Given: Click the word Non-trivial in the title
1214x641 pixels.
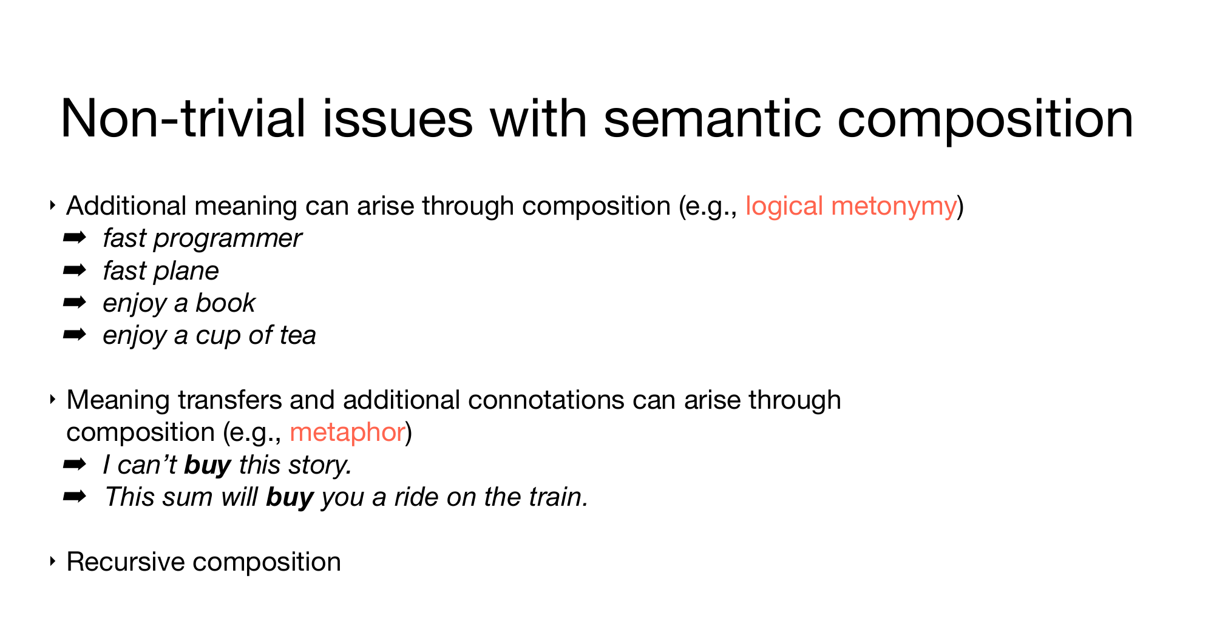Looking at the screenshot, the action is coord(183,119).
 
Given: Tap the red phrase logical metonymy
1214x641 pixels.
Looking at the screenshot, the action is coord(851,207).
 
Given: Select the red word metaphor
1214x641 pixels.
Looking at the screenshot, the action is coord(347,432).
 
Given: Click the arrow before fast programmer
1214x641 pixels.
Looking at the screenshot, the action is coord(75,238).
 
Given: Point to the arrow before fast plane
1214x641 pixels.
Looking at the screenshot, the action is coord(75,270).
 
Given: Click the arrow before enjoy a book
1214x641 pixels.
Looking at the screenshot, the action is coord(75,302).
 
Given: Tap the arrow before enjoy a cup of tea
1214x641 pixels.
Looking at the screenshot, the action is coord(75,334).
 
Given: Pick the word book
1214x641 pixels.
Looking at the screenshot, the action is coord(225,303).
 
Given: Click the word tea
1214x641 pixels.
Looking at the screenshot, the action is coord(297,335).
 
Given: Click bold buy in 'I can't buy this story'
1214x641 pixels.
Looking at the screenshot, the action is coord(208,466).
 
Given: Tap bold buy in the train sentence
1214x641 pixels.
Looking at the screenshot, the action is coord(290,498).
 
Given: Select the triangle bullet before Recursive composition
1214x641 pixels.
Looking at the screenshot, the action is coord(53,562).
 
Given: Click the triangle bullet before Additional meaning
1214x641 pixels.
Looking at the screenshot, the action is coord(53,206).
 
